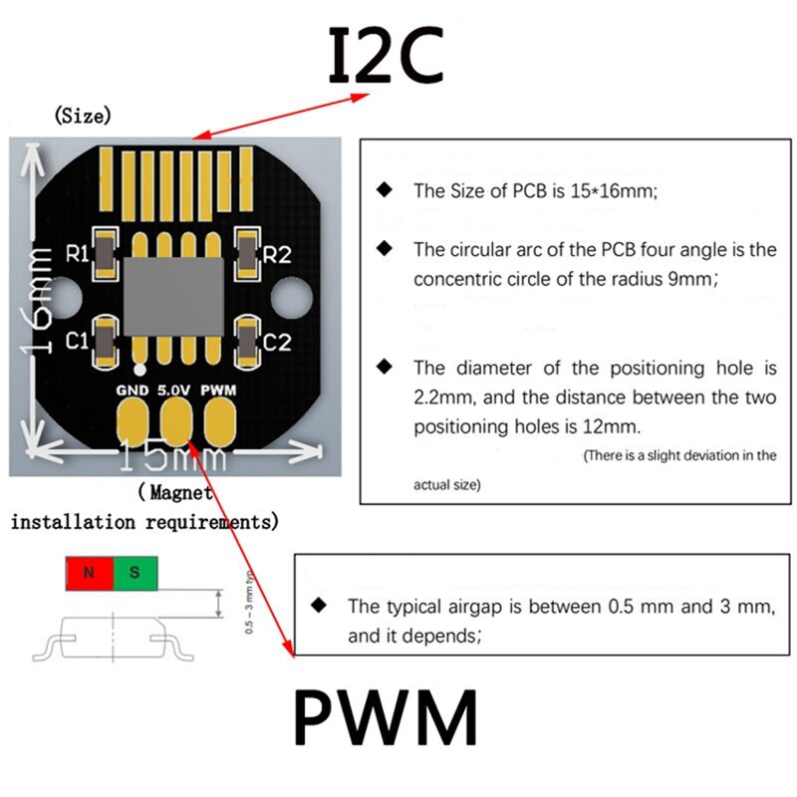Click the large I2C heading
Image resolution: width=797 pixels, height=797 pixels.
tap(386, 55)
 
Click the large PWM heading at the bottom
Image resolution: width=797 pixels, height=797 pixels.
tap(386, 717)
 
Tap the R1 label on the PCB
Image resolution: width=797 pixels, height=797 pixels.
tap(77, 253)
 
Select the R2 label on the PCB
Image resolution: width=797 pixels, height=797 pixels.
tap(277, 255)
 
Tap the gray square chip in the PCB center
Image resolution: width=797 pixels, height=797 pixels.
tap(174, 297)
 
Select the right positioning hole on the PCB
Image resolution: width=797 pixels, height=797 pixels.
tap(290, 296)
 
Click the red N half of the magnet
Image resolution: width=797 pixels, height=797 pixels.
tap(89, 573)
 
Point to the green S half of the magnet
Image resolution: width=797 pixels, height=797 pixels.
tap(135, 573)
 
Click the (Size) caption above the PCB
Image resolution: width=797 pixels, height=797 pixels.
tap(83, 116)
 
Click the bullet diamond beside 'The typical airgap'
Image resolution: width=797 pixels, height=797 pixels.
tap(319, 604)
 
